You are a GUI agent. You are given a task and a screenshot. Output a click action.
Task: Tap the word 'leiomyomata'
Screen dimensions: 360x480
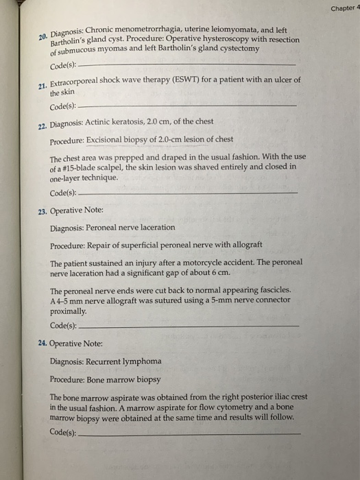coord(232,29)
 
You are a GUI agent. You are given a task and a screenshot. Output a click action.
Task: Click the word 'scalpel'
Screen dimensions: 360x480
coord(119,166)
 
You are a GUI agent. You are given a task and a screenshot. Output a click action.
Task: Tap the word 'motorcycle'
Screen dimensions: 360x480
coord(230,263)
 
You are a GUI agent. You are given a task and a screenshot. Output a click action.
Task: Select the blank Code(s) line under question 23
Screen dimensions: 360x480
coord(189,325)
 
